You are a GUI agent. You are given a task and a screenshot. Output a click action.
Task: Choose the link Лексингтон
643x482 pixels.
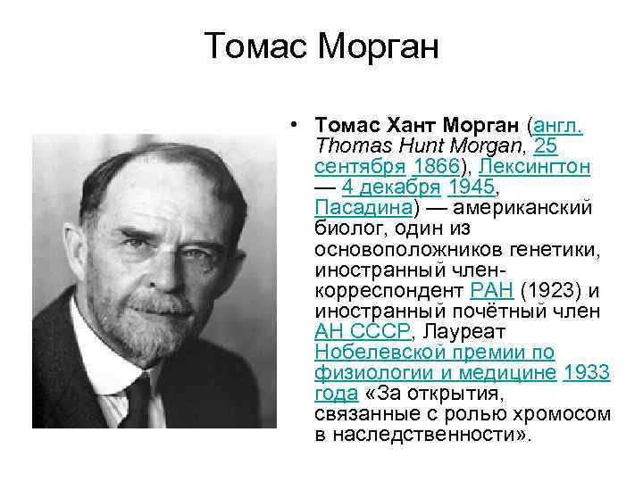[x=535, y=167]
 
